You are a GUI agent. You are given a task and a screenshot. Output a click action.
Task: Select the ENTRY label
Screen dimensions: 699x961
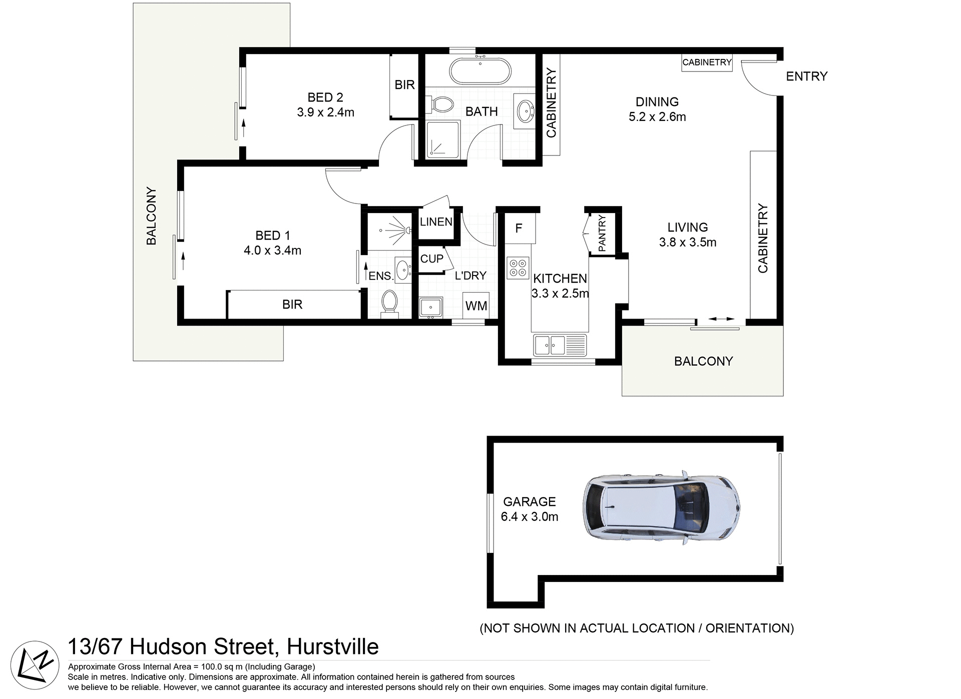pyautogui.click(x=806, y=76)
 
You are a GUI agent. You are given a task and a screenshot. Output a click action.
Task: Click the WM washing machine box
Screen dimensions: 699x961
pyautogui.click(x=475, y=305)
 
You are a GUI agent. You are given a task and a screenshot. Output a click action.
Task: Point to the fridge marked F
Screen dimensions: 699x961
pyautogui.click(x=519, y=228)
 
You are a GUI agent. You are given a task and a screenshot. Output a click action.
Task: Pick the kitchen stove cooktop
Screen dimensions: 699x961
pyautogui.click(x=518, y=267)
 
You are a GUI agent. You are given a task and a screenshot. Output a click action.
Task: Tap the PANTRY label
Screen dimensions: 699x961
pyautogui.click(x=602, y=233)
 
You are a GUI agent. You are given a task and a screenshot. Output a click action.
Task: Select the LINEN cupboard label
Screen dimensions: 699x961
pyautogui.click(x=436, y=222)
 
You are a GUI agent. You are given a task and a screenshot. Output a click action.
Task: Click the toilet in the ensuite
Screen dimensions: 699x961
pyautogui.click(x=389, y=303)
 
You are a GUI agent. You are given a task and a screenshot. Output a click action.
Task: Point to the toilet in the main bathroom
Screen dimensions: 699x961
pyautogui.click(x=440, y=104)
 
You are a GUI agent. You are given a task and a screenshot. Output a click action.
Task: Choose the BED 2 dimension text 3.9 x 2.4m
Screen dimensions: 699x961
pyautogui.click(x=325, y=112)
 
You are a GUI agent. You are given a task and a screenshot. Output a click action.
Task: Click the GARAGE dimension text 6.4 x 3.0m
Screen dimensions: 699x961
pyautogui.click(x=530, y=516)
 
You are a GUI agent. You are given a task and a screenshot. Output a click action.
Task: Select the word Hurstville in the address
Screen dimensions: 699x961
pyautogui.click(x=332, y=647)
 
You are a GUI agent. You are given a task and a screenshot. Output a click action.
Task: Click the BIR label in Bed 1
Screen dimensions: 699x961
pyautogui.click(x=292, y=304)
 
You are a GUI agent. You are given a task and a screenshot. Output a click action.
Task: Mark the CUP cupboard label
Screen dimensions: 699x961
pyautogui.click(x=431, y=259)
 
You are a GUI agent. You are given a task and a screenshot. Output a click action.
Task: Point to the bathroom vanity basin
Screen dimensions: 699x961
pyautogui.click(x=525, y=110)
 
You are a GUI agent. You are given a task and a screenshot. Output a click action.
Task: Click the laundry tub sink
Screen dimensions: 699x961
pyautogui.click(x=430, y=306)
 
